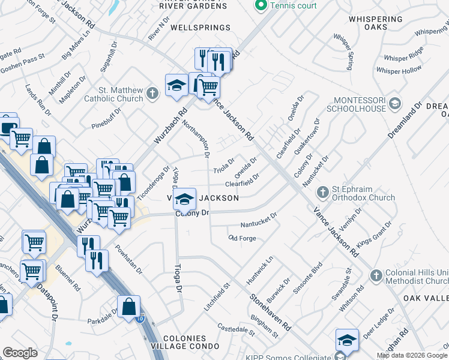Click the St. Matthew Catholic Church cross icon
[152, 93]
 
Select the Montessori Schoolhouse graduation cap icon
[394, 103]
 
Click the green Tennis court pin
[261, 5]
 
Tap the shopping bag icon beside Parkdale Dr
[129, 307]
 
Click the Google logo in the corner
[20, 352]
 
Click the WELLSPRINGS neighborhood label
[200, 28]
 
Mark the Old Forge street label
[243, 238]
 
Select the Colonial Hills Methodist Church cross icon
[376, 275]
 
